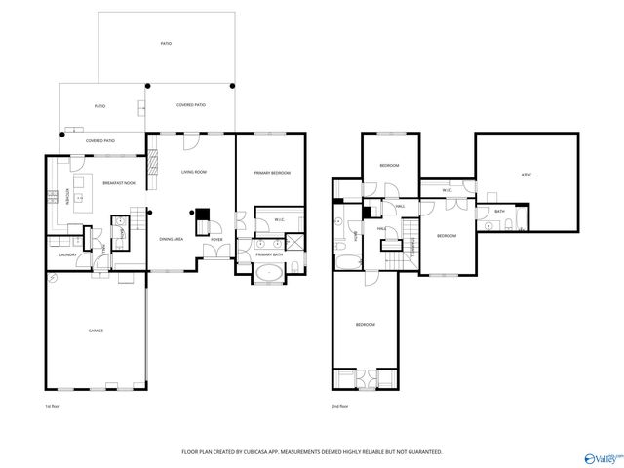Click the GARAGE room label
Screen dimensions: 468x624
[97, 331]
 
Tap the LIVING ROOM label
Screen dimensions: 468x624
[194, 172]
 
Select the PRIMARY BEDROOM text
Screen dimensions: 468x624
[273, 173]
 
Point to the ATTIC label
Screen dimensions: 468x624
[526, 175]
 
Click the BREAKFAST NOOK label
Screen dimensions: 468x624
[119, 183]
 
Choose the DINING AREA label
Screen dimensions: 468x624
[173, 239]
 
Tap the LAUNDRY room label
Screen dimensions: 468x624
[66, 254]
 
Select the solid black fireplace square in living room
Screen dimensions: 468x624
[203, 217]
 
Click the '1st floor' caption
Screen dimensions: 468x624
[53, 405]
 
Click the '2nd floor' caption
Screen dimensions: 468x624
[340, 405]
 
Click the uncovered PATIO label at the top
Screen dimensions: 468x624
[166, 44]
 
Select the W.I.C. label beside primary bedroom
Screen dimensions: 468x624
[279, 219]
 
